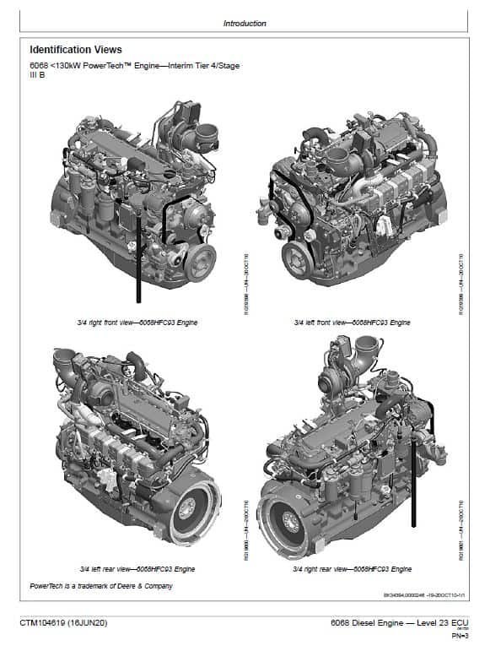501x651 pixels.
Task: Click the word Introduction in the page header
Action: (245, 24)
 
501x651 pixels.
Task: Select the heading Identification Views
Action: (76, 50)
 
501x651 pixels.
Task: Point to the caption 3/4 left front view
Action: (353, 323)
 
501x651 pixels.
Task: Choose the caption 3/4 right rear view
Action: (353, 569)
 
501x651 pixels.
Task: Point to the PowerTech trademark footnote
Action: (101, 586)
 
